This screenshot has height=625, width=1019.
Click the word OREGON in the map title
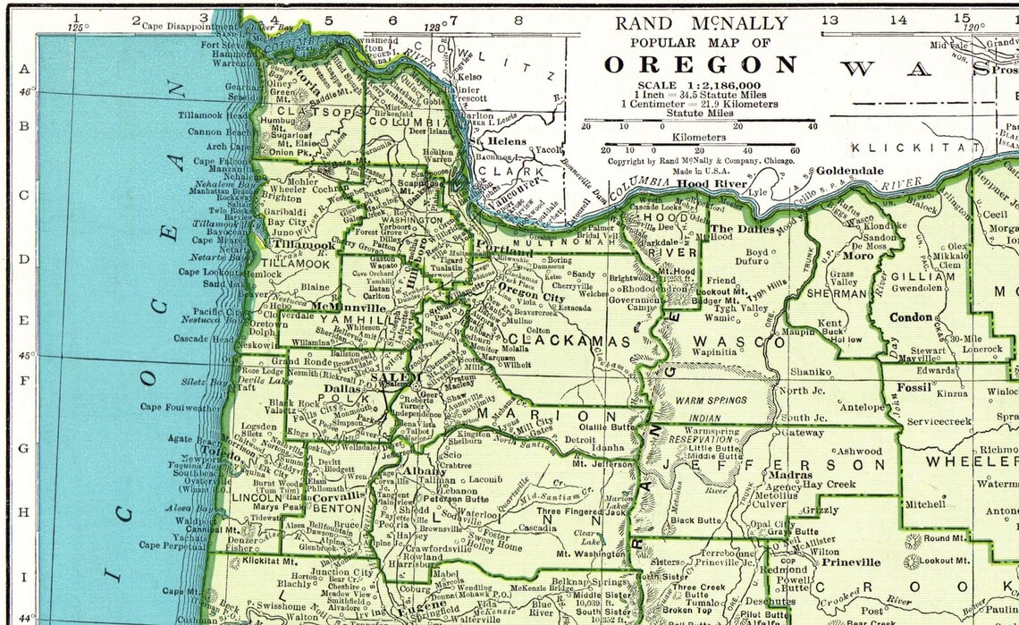[x=700, y=65]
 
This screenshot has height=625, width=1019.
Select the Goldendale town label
[x=850, y=170]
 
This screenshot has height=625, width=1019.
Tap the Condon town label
[x=911, y=317]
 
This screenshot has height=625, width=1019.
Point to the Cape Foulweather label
[x=177, y=407]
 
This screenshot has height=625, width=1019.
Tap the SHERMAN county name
[x=835, y=293]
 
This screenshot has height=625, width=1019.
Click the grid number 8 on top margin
[x=518, y=20]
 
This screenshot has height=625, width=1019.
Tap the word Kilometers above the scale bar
[x=699, y=137]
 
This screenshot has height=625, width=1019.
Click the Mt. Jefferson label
[x=604, y=463]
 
